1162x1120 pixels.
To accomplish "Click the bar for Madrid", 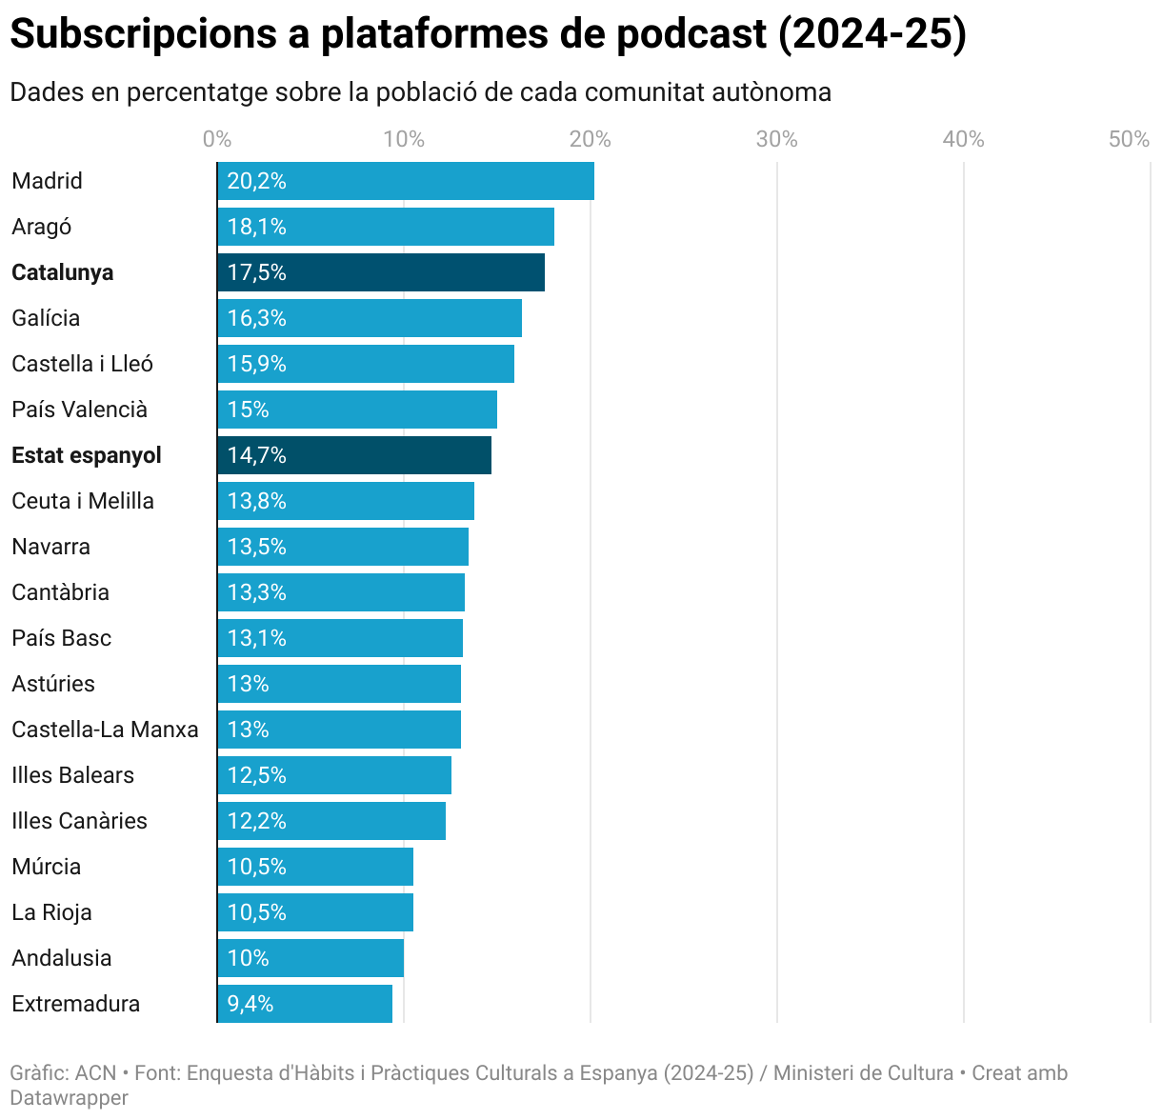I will tap(406, 181).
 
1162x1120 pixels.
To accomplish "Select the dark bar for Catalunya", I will tap(381, 272).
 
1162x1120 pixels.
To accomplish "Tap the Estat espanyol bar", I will tap(354, 455).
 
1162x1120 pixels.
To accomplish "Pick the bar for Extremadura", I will tap(305, 1004).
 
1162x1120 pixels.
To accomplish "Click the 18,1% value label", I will tap(256, 227).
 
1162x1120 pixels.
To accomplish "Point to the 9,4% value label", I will tap(250, 1004).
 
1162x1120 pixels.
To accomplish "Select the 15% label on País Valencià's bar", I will tap(248, 410).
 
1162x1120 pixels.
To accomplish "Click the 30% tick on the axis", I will tap(776, 139).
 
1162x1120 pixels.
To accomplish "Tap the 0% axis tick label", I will tap(217, 139).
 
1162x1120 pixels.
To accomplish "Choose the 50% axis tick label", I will tap(1129, 139).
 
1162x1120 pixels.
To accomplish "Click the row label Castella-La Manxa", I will tap(105, 730).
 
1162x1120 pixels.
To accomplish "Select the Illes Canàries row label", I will tap(79, 821).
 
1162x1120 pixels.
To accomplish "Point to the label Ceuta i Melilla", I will tap(83, 501).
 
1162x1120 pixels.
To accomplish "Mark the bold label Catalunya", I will tap(62, 272).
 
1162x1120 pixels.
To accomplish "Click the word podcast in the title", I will tap(691, 34).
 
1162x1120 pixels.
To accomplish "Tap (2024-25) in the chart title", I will tap(872, 34).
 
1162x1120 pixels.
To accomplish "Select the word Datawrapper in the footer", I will tap(69, 1097).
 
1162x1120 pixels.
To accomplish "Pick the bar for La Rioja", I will tap(315, 912).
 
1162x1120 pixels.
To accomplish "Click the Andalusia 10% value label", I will tap(248, 958).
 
